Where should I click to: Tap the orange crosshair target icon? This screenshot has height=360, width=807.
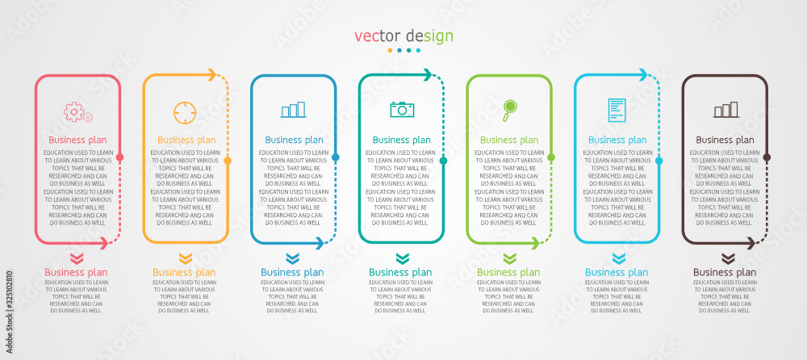coord(185,113)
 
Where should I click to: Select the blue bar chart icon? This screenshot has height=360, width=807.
coord(294,110)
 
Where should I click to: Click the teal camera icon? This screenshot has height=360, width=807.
coord(402,109)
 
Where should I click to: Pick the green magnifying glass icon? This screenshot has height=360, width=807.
coord(509,111)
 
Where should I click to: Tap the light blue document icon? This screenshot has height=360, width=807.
coord(617,110)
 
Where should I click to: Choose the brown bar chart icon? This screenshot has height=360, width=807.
coord(725,110)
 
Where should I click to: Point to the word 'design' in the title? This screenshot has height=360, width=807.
coord(429,36)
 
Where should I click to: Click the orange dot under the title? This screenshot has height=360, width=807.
coord(390,51)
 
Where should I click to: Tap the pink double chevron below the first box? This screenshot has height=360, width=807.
coord(76,258)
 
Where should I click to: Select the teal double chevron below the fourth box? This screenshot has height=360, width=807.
coord(403,258)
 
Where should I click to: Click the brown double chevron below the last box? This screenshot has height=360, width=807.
coord(728,258)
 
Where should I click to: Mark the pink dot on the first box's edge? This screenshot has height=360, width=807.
coord(120,157)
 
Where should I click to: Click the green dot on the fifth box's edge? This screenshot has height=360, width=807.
coord(551,157)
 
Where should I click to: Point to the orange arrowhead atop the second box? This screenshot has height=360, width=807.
coord(211,75)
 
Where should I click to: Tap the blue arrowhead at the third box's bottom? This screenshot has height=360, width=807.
coord(319,243)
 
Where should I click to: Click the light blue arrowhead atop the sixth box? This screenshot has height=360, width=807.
coord(643,75)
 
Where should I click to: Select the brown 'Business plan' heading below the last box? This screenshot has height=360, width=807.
coord(725,273)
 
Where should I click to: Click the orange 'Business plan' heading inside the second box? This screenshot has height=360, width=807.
coord(186,140)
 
